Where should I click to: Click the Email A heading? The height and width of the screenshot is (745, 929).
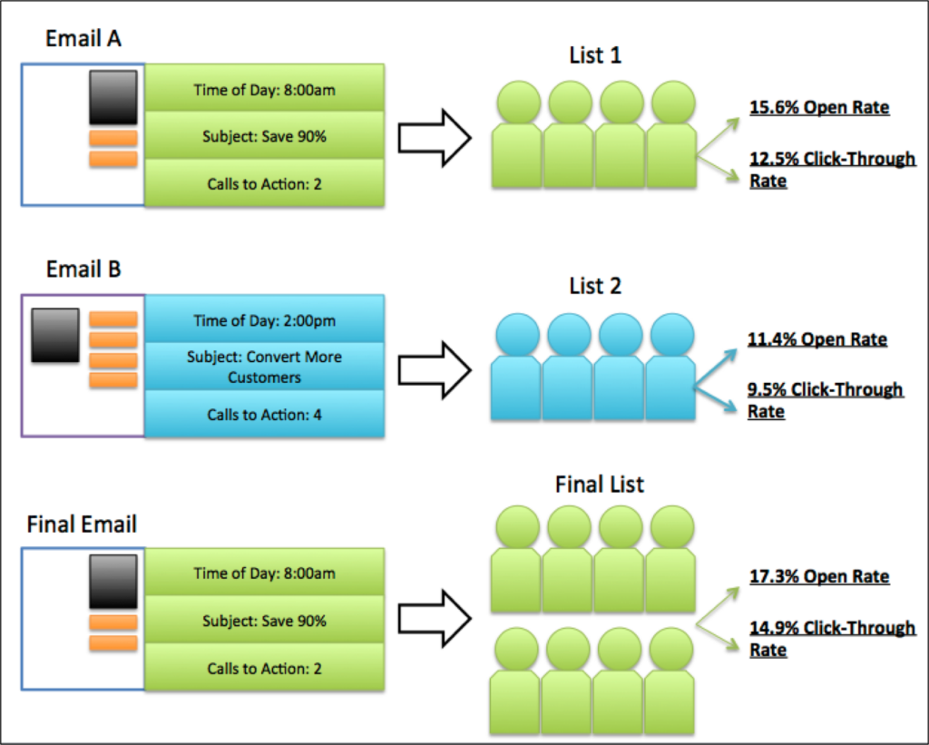coord(83,38)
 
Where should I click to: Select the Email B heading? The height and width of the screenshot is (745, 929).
coord(83,270)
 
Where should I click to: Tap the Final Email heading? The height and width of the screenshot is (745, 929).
coord(82,524)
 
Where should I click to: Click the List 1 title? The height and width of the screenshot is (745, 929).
coord(595,55)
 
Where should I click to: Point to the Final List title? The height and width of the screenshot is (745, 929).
coord(599,485)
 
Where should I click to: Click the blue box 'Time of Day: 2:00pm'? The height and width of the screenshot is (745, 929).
coord(264,319)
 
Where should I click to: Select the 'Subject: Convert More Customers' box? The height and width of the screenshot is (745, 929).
coord(264,367)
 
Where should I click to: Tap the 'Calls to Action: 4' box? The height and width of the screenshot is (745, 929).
coord(264,414)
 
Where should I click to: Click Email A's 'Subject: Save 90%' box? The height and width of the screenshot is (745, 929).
coord(264,136)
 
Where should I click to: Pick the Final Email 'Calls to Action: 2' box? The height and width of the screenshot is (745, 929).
coord(264,667)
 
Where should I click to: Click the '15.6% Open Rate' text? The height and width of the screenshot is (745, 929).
coord(819,107)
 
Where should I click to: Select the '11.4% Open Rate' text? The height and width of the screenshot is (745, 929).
coord(817,339)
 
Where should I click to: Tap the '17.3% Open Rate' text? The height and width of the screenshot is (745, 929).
coord(819,576)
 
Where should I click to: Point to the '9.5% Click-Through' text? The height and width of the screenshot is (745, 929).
coord(826,389)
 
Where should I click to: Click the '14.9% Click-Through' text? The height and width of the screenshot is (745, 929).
coord(833,628)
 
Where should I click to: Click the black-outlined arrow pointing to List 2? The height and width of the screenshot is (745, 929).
coord(435,370)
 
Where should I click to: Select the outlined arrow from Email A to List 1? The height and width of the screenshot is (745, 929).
coord(435,138)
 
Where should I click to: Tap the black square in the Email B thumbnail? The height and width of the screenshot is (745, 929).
coord(55,336)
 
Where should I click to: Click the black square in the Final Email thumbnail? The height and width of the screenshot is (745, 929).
coord(113,582)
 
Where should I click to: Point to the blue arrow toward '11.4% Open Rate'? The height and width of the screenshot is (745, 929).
coord(716,368)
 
